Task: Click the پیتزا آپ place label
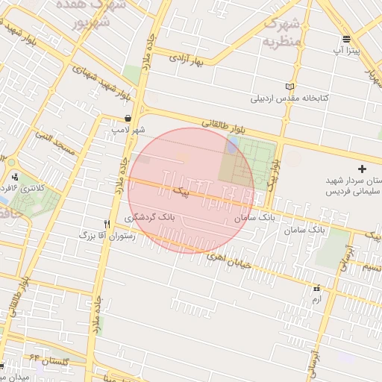click(x=347, y=50)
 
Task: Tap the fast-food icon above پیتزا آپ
click(x=347, y=39)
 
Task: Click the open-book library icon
click(x=290, y=87)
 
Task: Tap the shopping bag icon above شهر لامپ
click(x=128, y=118)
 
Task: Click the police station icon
click(x=15, y=177)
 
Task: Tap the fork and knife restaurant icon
click(x=107, y=223)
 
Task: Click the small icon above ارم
click(x=316, y=287)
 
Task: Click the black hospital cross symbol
click(x=363, y=169)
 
